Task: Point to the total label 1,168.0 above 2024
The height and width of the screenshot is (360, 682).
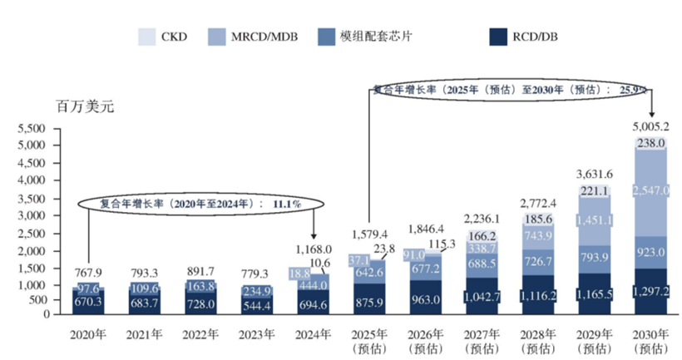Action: coord(314,249)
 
